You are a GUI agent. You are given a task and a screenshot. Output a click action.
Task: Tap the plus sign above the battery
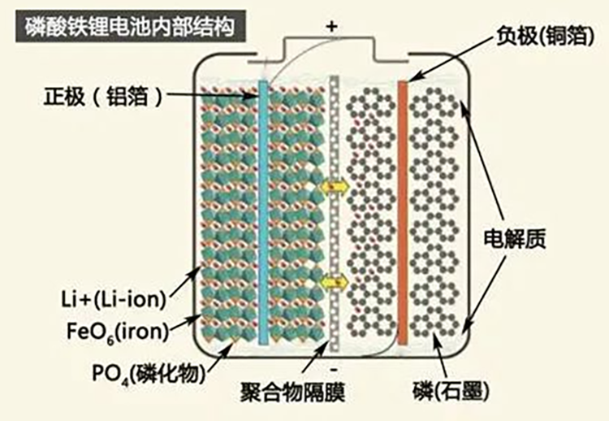pyautogui.click(x=331, y=26)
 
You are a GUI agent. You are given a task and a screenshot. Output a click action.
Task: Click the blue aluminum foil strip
pyautogui.click(x=263, y=211)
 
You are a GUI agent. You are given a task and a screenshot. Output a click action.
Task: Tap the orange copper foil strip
pyautogui.click(x=402, y=211)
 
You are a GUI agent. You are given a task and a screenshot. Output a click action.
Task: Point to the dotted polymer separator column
pyautogui.click(x=334, y=211)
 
